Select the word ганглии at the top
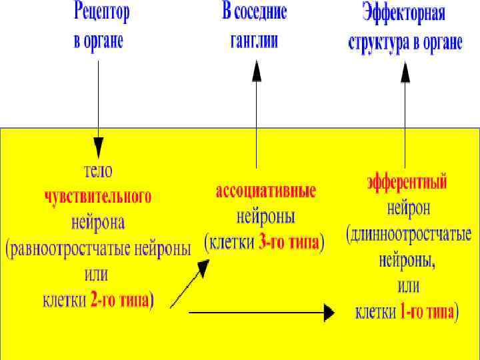[x=254, y=41]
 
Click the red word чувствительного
[x=97, y=197]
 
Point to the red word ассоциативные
[x=265, y=191]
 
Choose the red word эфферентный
[x=407, y=182]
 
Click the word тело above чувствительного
[x=98, y=171]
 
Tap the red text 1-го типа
[x=424, y=312]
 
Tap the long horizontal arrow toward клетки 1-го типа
[x=260, y=311]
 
